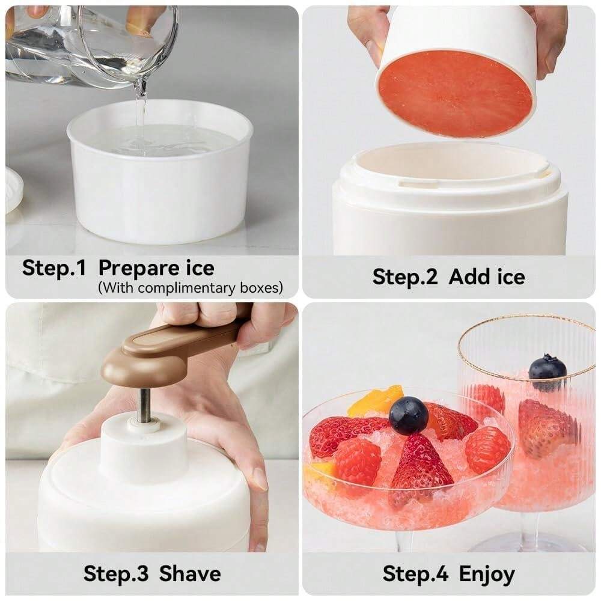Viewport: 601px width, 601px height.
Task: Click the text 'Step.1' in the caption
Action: click(54, 267)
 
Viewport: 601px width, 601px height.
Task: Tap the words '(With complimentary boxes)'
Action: click(190, 288)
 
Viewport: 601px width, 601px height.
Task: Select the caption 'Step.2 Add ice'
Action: click(448, 277)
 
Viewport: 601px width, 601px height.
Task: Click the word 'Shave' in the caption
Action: click(190, 573)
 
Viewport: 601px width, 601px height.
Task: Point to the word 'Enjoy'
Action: click(487, 575)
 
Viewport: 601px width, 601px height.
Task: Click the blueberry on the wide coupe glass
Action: click(409, 415)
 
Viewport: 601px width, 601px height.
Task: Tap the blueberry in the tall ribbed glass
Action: click(547, 368)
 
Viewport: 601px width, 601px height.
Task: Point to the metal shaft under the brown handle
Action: click(144, 406)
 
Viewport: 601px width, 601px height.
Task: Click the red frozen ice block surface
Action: click(456, 93)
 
